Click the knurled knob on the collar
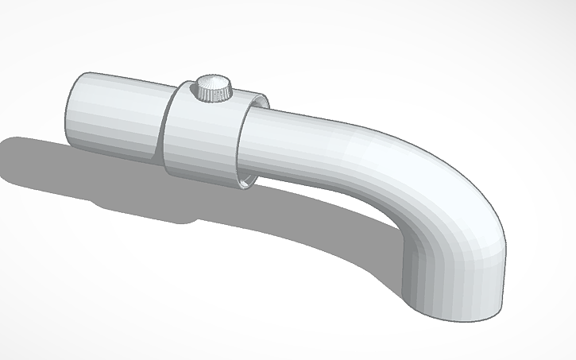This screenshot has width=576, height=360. point(214,89)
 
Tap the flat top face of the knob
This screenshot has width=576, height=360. point(213,83)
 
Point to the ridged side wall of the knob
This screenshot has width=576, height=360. point(214,95)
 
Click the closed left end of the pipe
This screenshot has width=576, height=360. point(67,111)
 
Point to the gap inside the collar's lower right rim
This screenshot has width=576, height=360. point(249,180)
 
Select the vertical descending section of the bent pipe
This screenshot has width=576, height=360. point(457,270)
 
